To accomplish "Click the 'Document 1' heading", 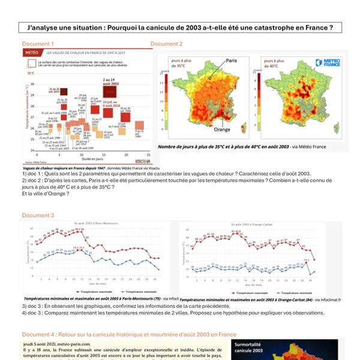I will (x=38, y=44).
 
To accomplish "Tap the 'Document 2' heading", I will (x=167, y=44).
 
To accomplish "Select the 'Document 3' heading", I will (x=38, y=215).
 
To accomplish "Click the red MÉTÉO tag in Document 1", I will (x=32, y=53).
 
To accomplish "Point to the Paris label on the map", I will (x=232, y=61).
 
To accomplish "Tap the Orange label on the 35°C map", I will (x=222, y=129).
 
